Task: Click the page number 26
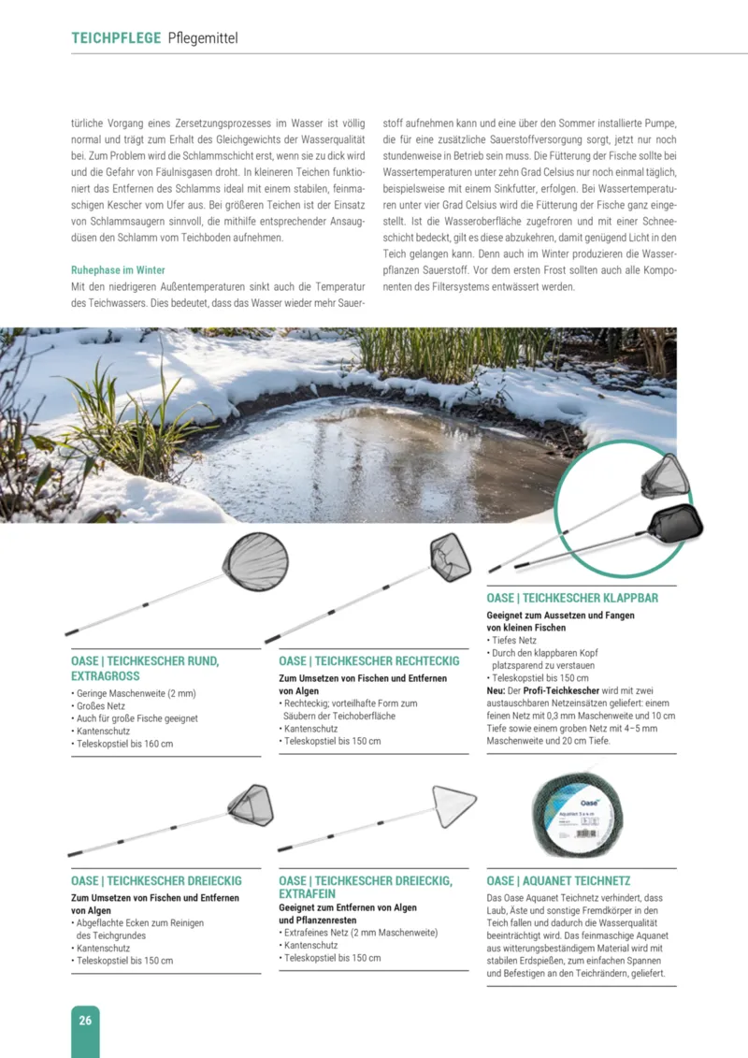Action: coord(85,1021)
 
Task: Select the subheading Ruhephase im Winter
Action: coord(118,270)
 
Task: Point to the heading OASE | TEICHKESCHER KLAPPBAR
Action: coord(572,598)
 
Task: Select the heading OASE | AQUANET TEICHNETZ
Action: coord(558,881)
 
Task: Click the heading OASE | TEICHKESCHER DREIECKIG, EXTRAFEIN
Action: coord(366,887)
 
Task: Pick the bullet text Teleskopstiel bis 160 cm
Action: coord(124,744)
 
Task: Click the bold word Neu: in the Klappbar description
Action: coord(496,690)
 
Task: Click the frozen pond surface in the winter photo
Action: coord(374,449)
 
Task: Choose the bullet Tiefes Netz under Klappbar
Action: coord(513,640)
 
